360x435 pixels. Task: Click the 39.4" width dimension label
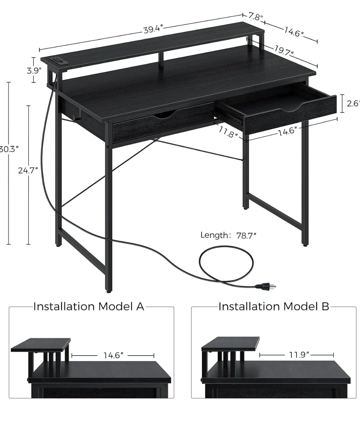(153, 30)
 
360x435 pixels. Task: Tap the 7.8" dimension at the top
(255, 17)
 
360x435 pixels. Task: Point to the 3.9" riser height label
(34, 71)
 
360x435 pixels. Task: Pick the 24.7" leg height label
(28, 170)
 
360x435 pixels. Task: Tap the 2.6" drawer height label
(353, 104)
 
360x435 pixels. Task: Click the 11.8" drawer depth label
(228, 133)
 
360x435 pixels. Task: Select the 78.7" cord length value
(246, 236)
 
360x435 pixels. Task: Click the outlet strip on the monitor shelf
(59, 60)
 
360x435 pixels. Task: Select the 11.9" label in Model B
(299, 355)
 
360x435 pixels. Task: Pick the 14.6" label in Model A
(114, 356)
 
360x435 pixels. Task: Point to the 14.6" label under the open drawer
(287, 131)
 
